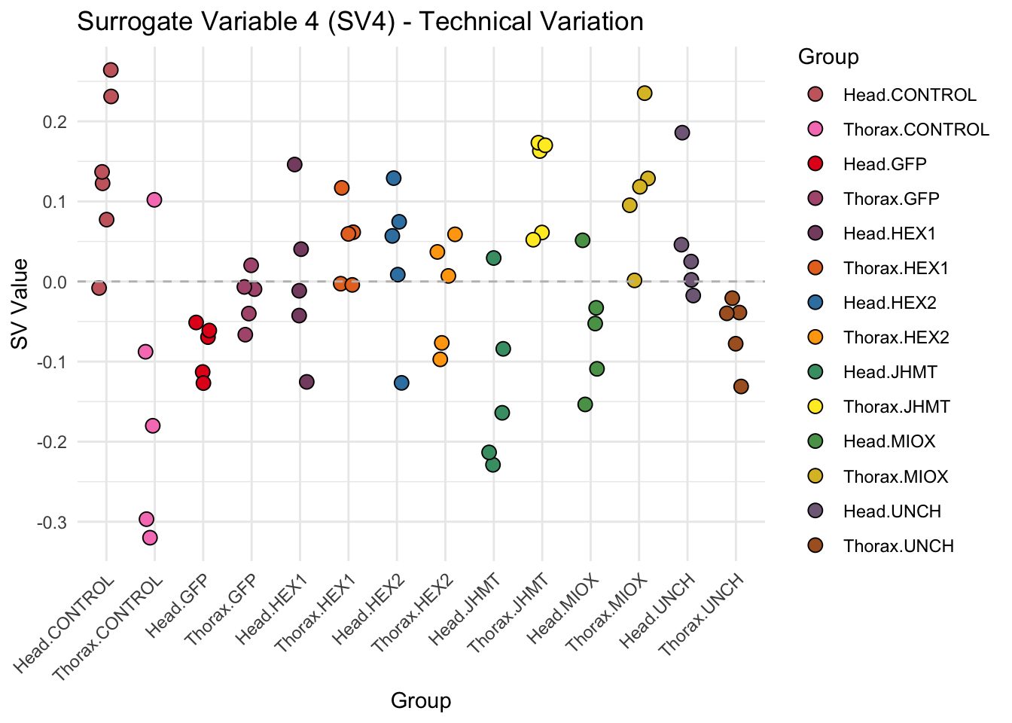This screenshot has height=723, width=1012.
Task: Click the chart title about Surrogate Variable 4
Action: click(360, 22)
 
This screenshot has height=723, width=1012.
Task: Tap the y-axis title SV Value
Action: click(20, 304)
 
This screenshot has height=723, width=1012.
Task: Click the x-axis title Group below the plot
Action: click(421, 700)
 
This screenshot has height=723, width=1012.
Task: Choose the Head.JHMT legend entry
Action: click(890, 372)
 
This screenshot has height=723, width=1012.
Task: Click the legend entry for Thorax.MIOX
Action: click(895, 476)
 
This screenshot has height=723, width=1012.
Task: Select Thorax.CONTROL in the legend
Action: click(916, 130)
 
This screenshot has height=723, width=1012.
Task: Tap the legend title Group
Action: click(828, 57)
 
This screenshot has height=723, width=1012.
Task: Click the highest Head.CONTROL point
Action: click(111, 70)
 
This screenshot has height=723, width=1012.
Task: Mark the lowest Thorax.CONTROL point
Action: click(150, 538)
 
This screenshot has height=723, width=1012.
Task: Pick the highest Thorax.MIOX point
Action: click(645, 93)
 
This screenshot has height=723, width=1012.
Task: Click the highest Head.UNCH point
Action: click(682, 133)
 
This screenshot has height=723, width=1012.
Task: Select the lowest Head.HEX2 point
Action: click(401, 383)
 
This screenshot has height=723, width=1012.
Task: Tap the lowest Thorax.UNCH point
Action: click(741, 386)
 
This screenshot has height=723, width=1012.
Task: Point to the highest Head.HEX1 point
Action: click(294, 165)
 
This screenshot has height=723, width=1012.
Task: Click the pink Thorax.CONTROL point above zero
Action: click(154, 200)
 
